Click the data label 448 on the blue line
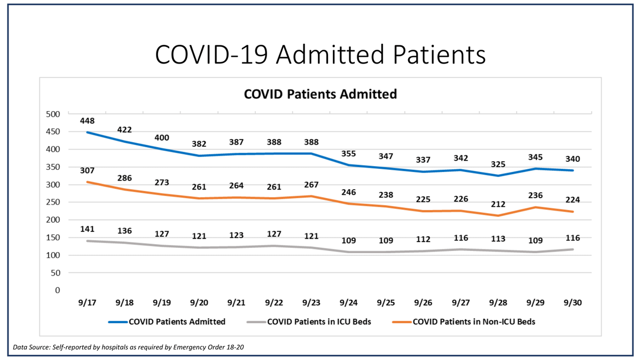coord(87,121)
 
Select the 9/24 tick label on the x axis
coord(348,302)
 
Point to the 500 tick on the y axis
coord(53,114)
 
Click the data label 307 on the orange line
coord(87,170)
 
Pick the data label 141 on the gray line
coord(87,229)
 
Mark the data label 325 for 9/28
coord(498,165)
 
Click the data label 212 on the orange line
coord(498,205)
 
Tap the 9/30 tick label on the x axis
coord(573,302)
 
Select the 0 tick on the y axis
coord(58,290)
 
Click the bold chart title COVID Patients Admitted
coord(320,94)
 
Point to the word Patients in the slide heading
coord(439,54)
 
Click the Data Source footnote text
coord(129,347)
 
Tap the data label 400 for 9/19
coord(162,138)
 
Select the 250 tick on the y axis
coord(53,202)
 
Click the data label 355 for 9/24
coord(348,154)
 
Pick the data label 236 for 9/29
coord(535,195)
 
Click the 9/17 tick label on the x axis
coord(87,302)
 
